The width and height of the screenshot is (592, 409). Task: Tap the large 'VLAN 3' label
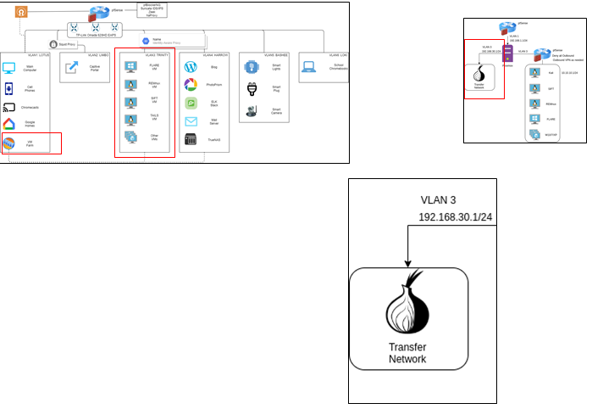[x=439, y=200]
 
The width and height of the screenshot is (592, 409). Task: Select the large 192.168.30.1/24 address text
[x=456, y=219]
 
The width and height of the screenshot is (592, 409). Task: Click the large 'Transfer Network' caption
[x=407, y=353]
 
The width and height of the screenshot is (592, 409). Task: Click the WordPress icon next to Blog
[x=191, y=66]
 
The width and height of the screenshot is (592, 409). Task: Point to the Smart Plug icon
[x=251, y=88]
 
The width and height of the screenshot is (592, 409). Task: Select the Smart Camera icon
[x=251, y=110]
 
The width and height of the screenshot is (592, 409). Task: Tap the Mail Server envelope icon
[x=191, y=121]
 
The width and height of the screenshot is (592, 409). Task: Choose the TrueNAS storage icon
[x=191, y=139]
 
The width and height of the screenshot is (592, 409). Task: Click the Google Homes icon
[x=9, y=125]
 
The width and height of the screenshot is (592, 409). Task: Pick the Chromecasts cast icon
[x=9, y=107]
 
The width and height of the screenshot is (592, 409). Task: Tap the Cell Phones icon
[x=9, y=87]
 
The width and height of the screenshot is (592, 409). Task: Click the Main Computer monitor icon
[x=9, y=67]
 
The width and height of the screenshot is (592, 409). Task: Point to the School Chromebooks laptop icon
[x=308, y=66]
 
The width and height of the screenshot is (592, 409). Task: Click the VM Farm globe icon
[x=9, y=143]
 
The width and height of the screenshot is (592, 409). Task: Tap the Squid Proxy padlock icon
[x=53, y=43]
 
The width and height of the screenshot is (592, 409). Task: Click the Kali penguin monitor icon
[x=535, y=72]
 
